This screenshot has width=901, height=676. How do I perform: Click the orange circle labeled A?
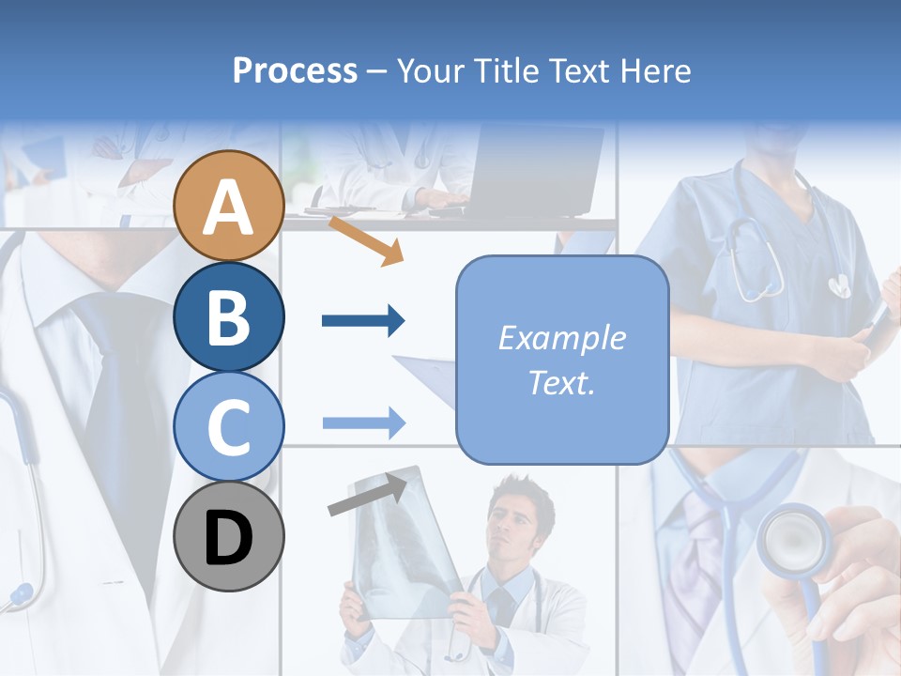click(228, 206)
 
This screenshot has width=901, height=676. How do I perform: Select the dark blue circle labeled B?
click(228, 316)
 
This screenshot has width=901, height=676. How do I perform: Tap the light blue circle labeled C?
click(228, 426)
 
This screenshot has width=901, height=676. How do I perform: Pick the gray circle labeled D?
click(228, 536)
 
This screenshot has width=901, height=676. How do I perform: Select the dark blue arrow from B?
click(362, 321)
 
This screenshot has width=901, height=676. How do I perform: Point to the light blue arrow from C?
click(362, 422)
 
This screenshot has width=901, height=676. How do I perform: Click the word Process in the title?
click(295, 71)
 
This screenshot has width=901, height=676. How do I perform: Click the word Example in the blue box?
click(561, 338)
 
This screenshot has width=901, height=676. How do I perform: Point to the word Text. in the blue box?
click(561, 383)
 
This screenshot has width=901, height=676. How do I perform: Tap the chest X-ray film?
click(399, 545)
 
